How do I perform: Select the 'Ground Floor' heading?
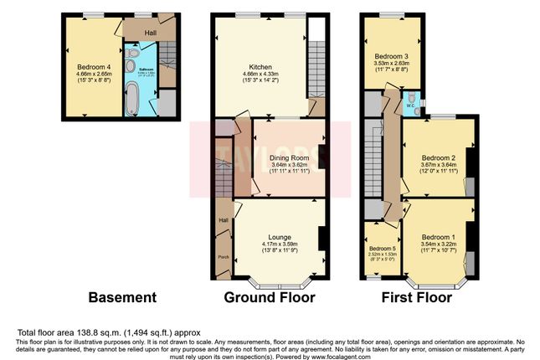click(269, 297)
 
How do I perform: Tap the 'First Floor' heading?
click(417, 297)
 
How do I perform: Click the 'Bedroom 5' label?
click(381, 249)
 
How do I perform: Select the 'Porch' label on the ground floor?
click(224, 257)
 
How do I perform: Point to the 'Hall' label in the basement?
click(150, 32)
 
